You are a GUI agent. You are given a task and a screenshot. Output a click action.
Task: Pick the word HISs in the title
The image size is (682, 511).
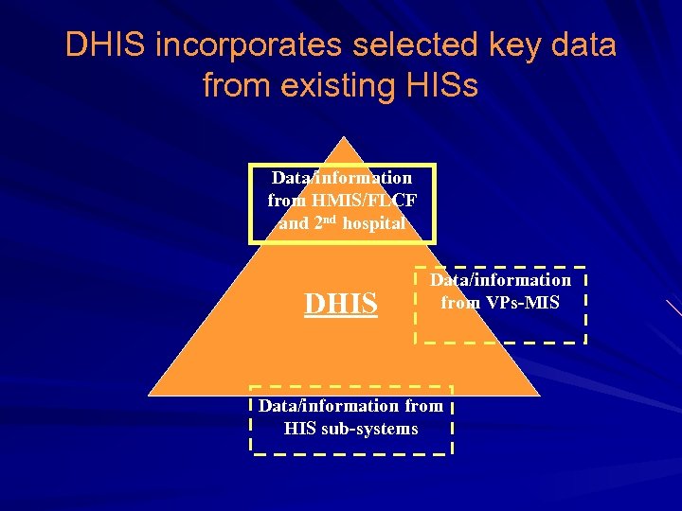(445, 86)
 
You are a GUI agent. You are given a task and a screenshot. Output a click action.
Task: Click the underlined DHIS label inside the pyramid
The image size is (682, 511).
(340, 304)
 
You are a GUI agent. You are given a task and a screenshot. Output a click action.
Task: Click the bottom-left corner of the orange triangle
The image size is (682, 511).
(149, 395)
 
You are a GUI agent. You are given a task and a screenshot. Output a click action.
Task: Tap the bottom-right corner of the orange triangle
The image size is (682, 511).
(540, 395)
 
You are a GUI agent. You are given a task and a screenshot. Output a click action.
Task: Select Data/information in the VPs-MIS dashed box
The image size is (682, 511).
(501, 280)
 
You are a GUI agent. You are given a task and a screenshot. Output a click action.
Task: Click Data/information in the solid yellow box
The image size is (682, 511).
(341, 178)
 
